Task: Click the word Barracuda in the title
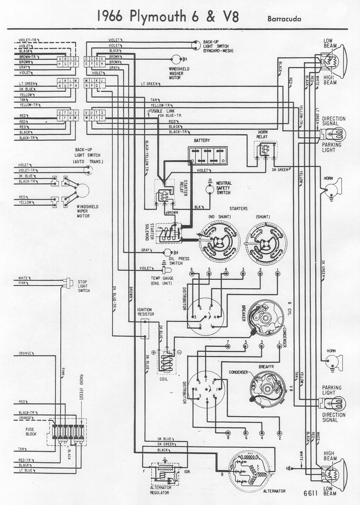tap(284, 19)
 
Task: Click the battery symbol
tap(208, 155)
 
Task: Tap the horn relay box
tap(266, 150)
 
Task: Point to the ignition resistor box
tap(145, 328)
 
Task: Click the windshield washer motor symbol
tap(175, 59)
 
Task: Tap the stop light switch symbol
tap(67, 282)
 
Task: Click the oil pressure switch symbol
tap(167, 252)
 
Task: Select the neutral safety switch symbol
tap(209, 189)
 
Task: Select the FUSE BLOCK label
tap(31, 432)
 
